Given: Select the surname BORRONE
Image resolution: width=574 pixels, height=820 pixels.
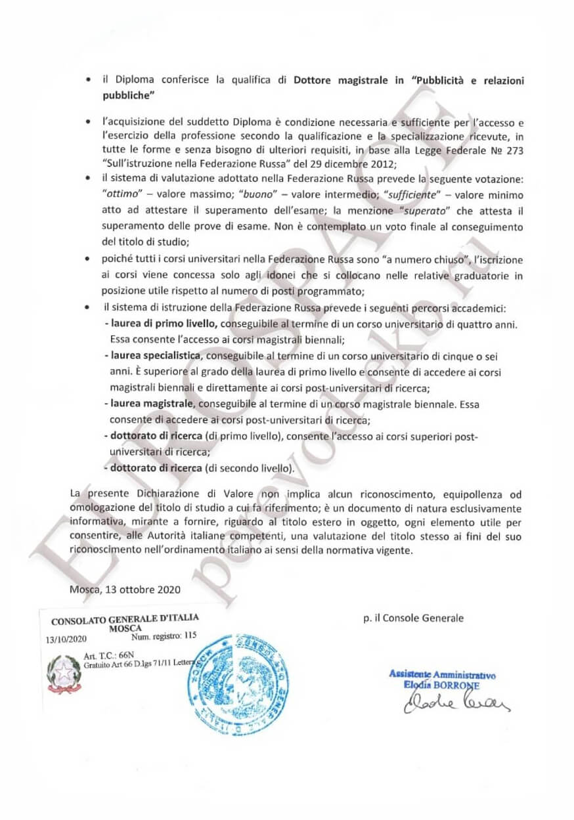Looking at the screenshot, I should tap(460, 685).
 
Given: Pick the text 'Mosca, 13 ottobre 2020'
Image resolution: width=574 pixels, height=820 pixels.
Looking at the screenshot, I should tap(125, 589).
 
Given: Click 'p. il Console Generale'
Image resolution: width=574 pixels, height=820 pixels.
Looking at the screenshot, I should tap(412, 618).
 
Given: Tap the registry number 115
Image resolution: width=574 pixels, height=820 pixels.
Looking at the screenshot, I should tap(191, 636).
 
